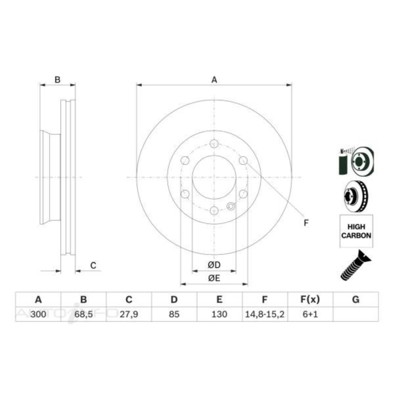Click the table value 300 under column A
click(38, 314)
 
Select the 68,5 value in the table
click(83, 314)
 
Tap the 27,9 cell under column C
click(129, 314)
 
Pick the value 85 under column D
click(174, 314)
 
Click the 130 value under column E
click(219, 314)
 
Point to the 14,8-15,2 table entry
click(265, 314)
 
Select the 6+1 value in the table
click(310, 314)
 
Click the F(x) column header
click(310, 299)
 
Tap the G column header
click(355, 299)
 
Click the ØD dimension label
click(214, 265)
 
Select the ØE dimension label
click(214, 278)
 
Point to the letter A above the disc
click(214, 80)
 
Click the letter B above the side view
click(57, 80)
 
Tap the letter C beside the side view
click(93, 265)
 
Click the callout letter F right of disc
click(306, 223)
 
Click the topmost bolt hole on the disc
click(214, 144)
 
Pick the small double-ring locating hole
click(231, 206)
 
